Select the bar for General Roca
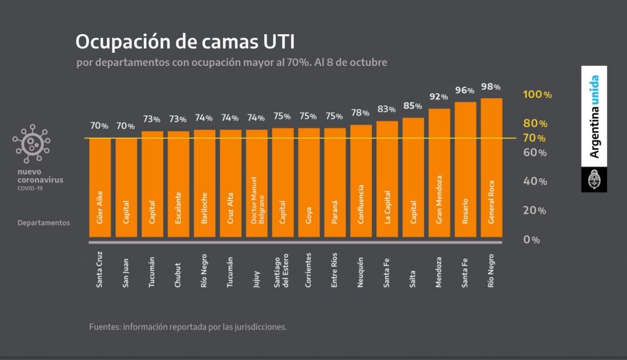(491, 169)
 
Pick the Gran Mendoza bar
(439, 174)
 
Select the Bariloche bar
(204, 184)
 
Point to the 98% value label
(490, 87)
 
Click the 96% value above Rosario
(465, 91)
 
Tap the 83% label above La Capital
(386, 110)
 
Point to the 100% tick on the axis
(537, 95)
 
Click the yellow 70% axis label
(534, 138)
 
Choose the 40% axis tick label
(534, 181)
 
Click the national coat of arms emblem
(594, 180)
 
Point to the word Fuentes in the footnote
(104, 327)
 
